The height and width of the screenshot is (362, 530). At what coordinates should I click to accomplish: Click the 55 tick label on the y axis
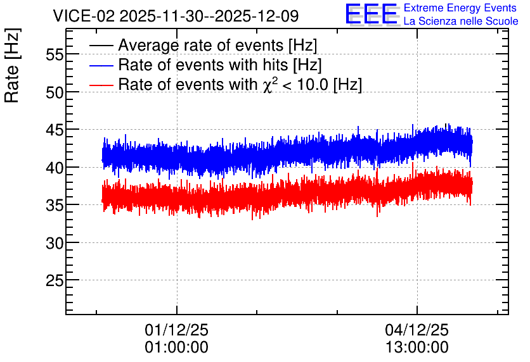pyautogui.click(x=55, y=54)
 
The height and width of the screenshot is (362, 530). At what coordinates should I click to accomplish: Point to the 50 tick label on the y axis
pyautogui.click(x=55, y=92)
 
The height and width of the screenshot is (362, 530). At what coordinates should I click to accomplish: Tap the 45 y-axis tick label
pyautogui.click(x=55, y=130)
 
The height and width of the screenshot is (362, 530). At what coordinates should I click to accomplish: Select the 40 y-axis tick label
pyautogui.click(x=55, y=167)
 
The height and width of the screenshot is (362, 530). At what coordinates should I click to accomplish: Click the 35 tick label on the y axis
pyautogui.click(x=55, y=205)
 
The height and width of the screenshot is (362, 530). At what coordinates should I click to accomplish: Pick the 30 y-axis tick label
pyautogui.click(x=55, y=242)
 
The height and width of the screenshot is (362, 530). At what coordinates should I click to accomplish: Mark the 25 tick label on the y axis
pyautogui.click(x=55, y=280)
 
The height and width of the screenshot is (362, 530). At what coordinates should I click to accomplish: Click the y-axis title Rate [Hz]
pyautogui.click(x=12, y=65)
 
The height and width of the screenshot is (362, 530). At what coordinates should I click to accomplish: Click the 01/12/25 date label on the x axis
pyautogui.click(x=176, y=330)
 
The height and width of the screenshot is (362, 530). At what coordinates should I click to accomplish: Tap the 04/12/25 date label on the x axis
pyautogui.click(x=417, y=330)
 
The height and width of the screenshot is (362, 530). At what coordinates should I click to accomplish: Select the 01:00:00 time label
pyautogui.click(x=176, y=347)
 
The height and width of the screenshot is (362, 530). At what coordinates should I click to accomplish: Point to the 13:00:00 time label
pyautogui.click(x=417, y=347)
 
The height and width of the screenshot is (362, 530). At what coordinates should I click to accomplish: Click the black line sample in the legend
pyautogui.click(x=101, y=46)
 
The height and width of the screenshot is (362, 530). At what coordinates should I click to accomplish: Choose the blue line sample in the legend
pyautogui.click(x=101, y=65)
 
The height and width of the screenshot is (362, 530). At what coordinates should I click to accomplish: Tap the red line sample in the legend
pyautogui.click(x=101, y=85)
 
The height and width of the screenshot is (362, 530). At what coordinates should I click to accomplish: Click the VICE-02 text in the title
pyautogui.click(x=84, y=16)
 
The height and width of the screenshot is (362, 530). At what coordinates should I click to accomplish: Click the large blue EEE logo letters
pyautogui.click(x=372, y=15)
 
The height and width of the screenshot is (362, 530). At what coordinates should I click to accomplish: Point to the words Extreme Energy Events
pyautogui.click(x=460, y=8)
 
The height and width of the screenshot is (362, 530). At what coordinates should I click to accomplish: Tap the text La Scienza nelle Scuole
pyautogui.click(x=461, y=21)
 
